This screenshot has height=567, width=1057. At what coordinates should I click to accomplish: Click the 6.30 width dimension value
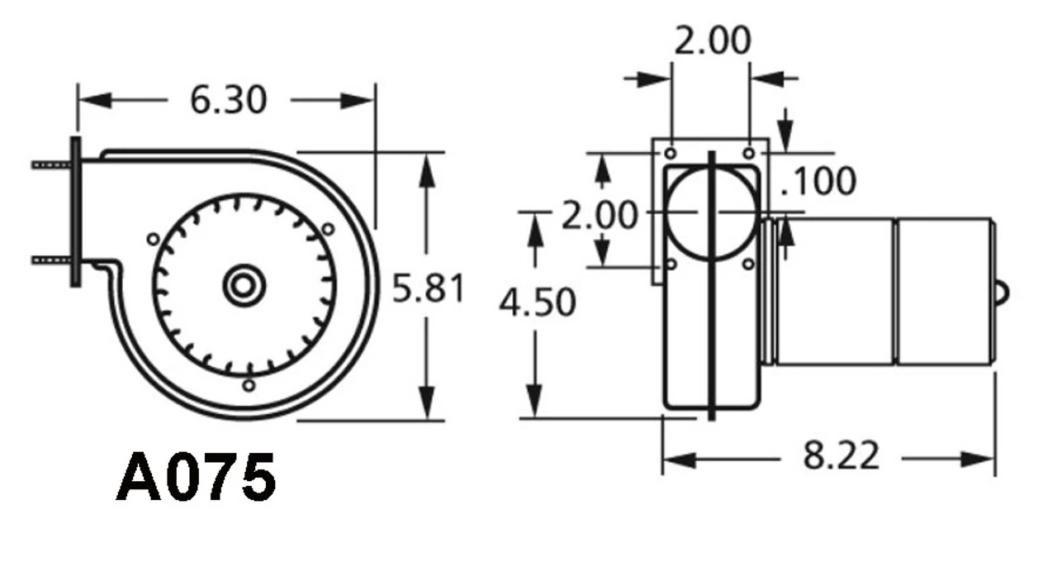click(x=228, y=100)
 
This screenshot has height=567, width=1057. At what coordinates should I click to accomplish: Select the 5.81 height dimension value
click(x=428, y=288)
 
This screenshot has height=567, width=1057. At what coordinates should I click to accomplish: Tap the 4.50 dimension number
click(x=537, y=303)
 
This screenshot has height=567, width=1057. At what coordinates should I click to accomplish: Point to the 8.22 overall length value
click(x=841, y=456)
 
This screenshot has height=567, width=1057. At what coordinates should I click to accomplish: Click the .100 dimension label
click(x=818, y=182)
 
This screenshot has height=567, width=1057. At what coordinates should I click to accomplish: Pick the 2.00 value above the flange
click(x=713, y=41)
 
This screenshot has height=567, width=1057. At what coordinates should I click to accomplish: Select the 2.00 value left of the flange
click(x=600, y=216)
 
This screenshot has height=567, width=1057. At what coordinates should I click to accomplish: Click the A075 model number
click(x=196, y=479)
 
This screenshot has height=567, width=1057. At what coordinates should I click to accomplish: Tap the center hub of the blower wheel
click(x=244, y=286)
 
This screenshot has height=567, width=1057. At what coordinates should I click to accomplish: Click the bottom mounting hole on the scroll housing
click(x=248, y=385)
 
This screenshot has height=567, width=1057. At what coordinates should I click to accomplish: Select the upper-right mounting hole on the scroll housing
click(x=328, y=228)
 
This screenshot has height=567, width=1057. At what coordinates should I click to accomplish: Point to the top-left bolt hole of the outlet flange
click(x=671, y=153)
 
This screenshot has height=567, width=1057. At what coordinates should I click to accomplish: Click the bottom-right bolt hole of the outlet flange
click(x=748, y=264)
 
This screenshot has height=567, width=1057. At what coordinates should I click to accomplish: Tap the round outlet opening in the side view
click(x=710, y=212)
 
